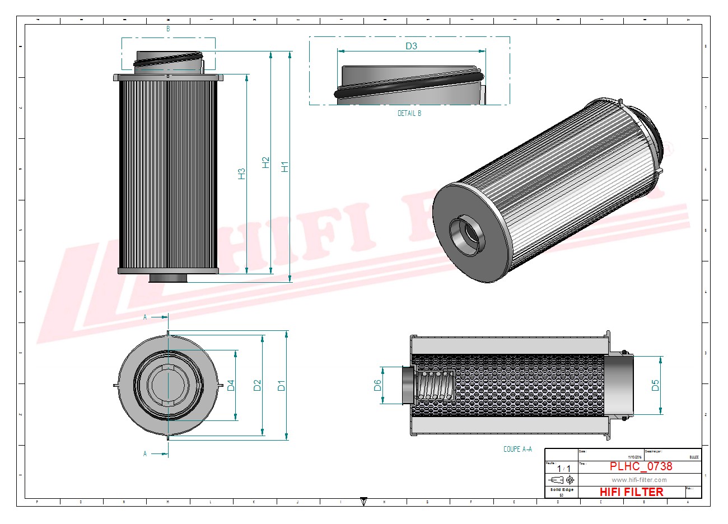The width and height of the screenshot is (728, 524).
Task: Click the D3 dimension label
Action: [411, 46]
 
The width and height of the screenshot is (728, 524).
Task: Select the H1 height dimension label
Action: [284, 166]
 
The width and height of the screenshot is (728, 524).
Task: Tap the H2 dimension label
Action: [266, 162]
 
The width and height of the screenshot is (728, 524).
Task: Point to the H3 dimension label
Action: [241, 174]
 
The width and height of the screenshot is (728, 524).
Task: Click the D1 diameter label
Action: [282, 385]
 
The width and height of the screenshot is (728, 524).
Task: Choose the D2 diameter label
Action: [257, 385]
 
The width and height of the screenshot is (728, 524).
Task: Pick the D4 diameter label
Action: [230, 385]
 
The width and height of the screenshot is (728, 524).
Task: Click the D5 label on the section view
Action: [655, 385]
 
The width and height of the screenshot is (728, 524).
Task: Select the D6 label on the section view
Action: [377, 385]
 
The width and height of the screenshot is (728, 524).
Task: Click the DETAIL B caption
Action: [409, 113]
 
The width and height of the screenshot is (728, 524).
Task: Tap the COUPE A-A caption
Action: [517, 449]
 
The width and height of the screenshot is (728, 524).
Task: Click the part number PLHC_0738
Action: [641, 466]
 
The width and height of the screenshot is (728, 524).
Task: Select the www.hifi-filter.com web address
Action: [639, 480]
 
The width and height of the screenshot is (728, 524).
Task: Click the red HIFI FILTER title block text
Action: [631, 492]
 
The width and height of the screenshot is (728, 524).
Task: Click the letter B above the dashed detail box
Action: [168, 28]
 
